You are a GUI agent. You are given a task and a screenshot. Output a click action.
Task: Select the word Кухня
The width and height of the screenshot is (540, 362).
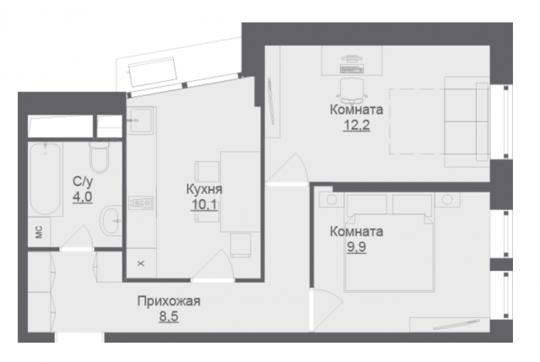(x=204, y=188)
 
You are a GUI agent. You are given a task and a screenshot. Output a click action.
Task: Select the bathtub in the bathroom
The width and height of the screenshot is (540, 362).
(x=43, y=183)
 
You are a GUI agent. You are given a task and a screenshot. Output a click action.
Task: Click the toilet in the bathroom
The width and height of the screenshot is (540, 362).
(x=100, y=158)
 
